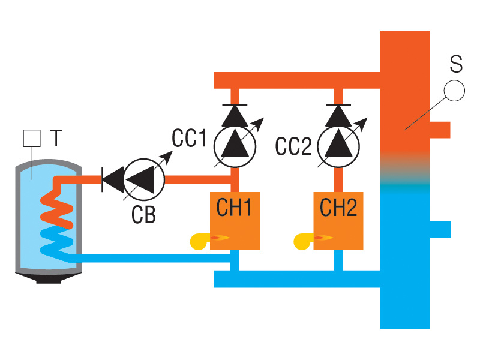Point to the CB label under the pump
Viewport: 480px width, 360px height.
(143, 214)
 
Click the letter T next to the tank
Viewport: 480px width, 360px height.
(55, 139)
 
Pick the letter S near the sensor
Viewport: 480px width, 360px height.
(456, 62)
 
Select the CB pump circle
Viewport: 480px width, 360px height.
(144, 178)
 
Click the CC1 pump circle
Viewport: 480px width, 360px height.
(235, 146)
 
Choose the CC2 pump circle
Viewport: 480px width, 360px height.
(338, 146)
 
